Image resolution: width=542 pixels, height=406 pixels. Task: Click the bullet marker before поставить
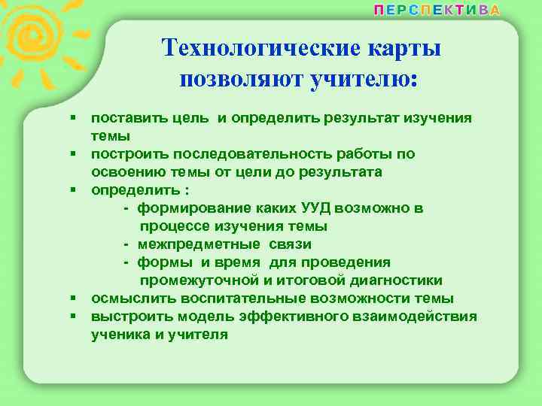pos(74,119)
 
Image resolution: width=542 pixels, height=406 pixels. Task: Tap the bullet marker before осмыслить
pos(74,298)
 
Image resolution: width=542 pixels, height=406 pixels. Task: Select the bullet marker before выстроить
pos(74,317)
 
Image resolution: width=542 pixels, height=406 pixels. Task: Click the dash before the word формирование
pos(126,208)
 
